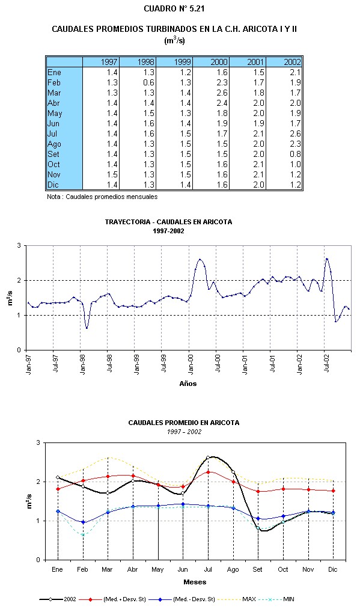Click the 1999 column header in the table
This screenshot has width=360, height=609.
coord(182,62)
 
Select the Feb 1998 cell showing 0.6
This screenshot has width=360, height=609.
coord(148,83)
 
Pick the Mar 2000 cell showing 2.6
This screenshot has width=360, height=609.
coord(222,93)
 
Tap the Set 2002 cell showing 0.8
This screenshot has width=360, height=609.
coord(295,154)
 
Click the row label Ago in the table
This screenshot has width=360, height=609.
coord(54,144)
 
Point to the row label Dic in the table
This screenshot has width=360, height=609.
coord(53,185)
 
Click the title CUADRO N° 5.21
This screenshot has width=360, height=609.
coord(174,8)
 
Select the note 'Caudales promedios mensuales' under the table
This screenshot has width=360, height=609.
coord(102,197)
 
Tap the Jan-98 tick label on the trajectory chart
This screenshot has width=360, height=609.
coord(83,364)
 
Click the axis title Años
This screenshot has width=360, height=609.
coord(188,384)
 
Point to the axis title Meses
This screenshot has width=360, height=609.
coord(195,582)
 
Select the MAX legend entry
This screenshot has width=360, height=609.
coord(236,599)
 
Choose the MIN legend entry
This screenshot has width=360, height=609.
coord(277,599)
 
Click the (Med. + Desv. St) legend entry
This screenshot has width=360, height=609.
coord(112,599)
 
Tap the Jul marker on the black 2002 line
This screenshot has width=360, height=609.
coord(208,458)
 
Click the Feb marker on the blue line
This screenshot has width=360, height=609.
coord(83,522)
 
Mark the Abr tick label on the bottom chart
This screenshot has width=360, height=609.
coord(132,569)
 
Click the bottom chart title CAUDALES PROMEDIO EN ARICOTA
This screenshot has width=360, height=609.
coord(184,423)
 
